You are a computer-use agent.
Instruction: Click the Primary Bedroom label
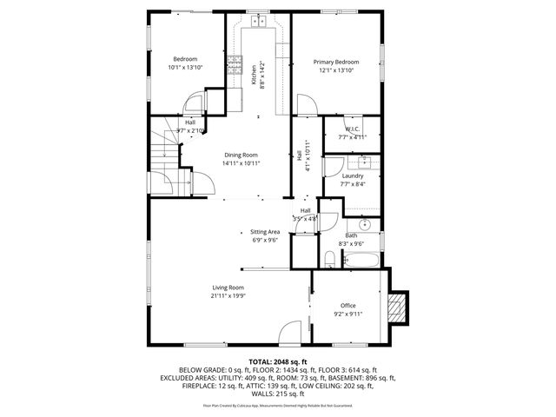point(335,62)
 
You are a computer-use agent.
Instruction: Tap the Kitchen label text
point(254,75)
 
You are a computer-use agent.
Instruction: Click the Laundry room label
point(352,175)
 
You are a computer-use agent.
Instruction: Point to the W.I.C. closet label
point(341,129)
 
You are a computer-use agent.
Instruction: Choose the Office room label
point(347,305)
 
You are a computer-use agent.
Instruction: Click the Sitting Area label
point(264,232)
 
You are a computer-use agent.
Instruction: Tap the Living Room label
point(228,288)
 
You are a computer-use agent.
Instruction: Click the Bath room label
point(351,235)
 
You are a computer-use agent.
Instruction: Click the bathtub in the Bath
point(357,259)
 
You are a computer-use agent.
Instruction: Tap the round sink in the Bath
point(366,223)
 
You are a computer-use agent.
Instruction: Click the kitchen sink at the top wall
point(259,21)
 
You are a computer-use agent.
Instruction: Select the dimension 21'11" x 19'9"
point(228,295)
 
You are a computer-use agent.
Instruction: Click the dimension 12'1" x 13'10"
point(335,69)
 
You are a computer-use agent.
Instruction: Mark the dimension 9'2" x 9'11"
point(347,314)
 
